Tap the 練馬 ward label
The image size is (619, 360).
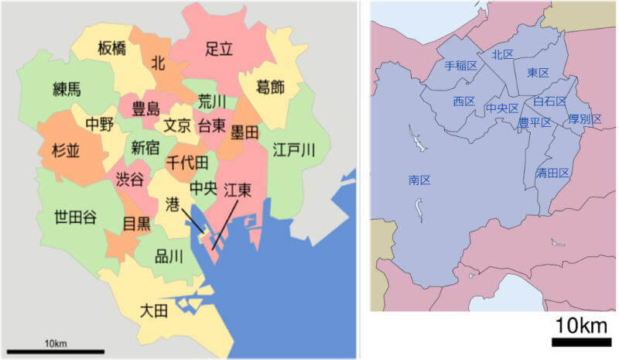(67, 88)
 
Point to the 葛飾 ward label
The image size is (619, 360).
(270, 87)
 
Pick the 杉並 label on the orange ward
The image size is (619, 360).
(66, 151)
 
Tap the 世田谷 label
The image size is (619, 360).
(75, 217)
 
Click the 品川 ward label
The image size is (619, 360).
(169, 255)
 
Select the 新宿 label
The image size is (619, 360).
(145, 147)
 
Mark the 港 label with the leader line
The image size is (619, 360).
(173, 203)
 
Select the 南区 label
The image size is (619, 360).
(419, 180)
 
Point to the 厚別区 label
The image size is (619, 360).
(584, 118)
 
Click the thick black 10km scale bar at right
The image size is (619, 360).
(581, 341)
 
